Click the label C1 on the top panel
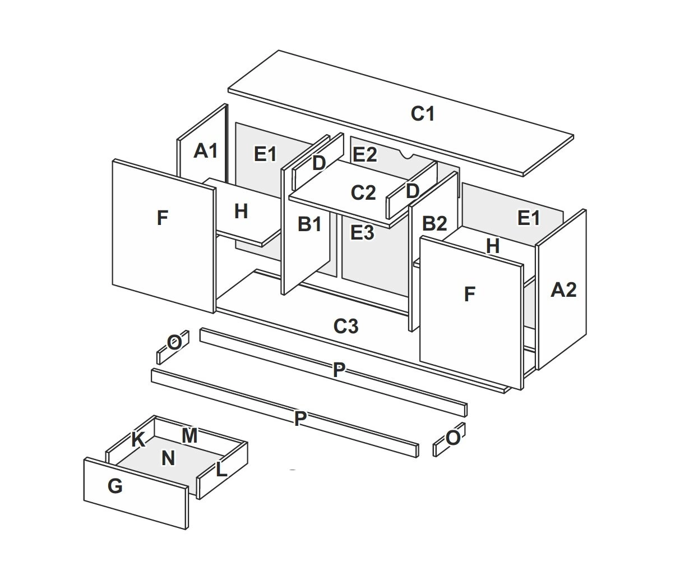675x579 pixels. (423, 114)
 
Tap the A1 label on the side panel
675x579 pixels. (205, 150)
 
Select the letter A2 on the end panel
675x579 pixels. (563, 289)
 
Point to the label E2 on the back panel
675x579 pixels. (364, 154)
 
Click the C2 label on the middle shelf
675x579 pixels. (363, 192)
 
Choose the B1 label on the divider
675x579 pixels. (309, 224)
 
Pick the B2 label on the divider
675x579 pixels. (434, 223)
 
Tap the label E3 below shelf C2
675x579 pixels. (362, 232)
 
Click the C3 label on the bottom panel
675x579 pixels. (345, 325)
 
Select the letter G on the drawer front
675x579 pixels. (114, 486)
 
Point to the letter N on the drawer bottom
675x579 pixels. (168, 458)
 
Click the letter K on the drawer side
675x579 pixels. (137, 440)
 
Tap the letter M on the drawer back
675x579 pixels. (189, 435)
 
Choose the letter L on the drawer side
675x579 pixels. (221, 469)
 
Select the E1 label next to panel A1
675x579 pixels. (265, 154)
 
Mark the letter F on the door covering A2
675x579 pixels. (470, 293)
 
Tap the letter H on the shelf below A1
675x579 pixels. (241, 211)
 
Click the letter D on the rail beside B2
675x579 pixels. (412, 191)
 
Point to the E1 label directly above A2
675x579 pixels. (528, 218)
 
